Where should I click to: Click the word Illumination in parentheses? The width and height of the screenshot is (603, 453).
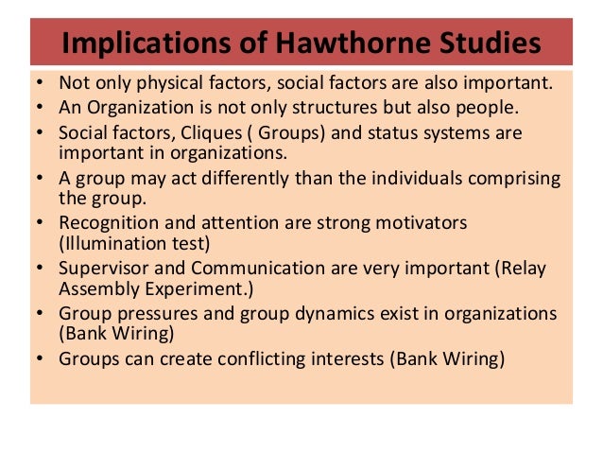[x=111, y=243]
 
